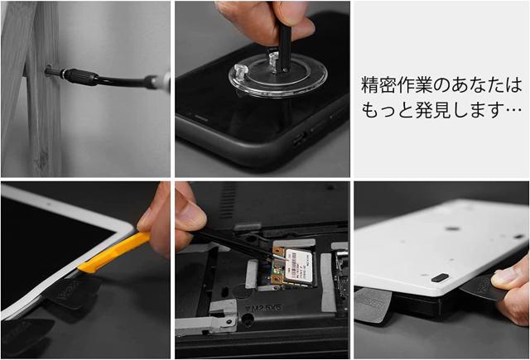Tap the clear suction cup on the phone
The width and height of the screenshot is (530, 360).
[x=278, y=76]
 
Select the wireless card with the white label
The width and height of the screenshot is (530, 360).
[x=292, y=266]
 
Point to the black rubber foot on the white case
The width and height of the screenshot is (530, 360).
[x=440, y=278]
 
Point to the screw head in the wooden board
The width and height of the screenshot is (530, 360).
[x=49, y=70]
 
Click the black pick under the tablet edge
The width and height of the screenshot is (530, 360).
[x=72, y=292]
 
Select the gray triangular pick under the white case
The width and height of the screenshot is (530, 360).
[x=372, y=305]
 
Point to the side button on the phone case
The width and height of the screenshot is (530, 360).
[x=300, y=137]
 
